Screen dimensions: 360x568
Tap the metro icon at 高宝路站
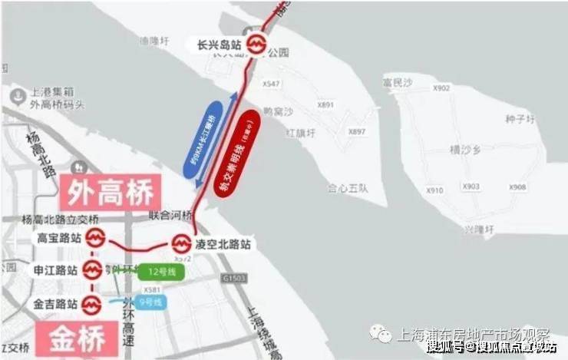click(94, 239)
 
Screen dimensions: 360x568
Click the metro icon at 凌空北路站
click(182, 244)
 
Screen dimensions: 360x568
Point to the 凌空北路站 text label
click(226, 244)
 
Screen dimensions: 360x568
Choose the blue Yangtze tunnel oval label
click(210, 138)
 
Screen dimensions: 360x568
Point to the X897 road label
click(358, 132)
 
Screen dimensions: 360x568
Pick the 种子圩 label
click(519, 119)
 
